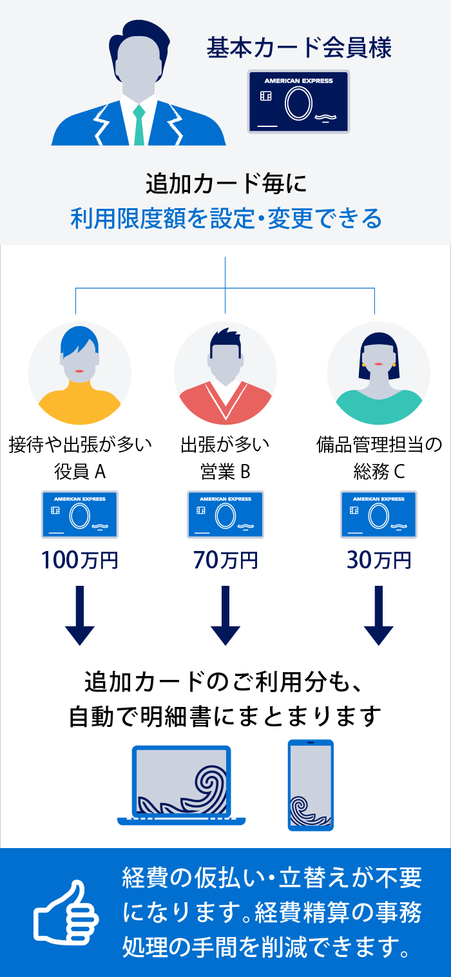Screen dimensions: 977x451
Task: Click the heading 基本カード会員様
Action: (299, 48)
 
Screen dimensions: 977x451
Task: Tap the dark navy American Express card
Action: (298, 102)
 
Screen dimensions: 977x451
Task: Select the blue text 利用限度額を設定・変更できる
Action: (225, 219)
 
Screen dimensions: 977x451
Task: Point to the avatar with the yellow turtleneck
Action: (80, 374)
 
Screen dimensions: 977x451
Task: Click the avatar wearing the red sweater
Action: (225, 374)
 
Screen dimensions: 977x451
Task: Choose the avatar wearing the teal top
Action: (379, 374)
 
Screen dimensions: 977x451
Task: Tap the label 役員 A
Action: (80, 472)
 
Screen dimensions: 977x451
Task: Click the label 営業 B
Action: (225, 472)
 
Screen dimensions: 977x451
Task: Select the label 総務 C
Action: (379, 472)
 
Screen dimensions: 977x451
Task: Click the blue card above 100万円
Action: (80, 514)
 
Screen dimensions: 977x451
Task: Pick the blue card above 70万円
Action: (225, 514)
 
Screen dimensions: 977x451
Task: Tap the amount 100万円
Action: (80, 560)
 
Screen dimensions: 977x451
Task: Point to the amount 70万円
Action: (225, 560)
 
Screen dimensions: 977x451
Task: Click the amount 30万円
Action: (379, 560)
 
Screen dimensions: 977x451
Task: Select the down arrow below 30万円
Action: (379, 615)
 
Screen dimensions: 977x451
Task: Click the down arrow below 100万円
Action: (80, 615)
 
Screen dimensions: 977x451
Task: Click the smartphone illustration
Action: (311, 785)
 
